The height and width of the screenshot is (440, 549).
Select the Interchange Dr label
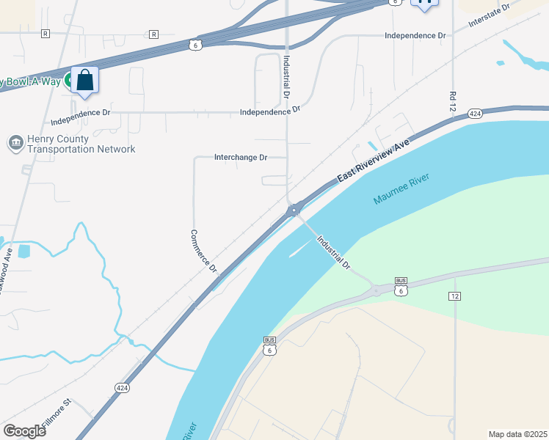coord(240,157)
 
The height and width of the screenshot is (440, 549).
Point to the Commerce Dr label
coord(204,252)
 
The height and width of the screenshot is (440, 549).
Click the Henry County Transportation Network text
coord(81,144)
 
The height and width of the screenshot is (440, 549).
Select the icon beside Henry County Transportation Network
coord(15,143)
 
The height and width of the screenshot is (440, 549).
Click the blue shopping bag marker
coord(85,80)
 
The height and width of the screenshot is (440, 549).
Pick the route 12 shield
coord(455,295)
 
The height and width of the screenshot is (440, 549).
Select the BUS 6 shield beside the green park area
coord(401,286)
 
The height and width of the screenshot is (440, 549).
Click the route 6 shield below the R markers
coord(194,45)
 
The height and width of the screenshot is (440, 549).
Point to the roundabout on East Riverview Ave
coord(294,210)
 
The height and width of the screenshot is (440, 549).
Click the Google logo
coord(24,430)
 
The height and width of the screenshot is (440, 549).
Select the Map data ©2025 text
coord(517,434)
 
